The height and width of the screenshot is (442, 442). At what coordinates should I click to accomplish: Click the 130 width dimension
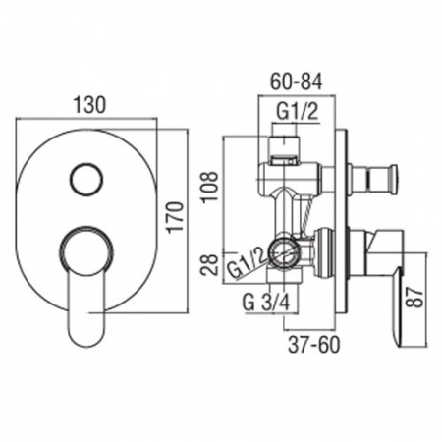point(89,104)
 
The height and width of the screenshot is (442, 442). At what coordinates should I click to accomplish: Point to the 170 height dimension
point(175,217)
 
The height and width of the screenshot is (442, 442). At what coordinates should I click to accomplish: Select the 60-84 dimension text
point(297,82)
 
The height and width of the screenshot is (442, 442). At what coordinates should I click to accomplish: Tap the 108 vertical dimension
point(210,187)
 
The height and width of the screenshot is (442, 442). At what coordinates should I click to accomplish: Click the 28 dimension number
point(210,265)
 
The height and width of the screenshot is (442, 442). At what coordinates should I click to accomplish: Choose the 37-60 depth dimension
point(314,345)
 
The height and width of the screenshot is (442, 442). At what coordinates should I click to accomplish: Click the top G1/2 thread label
point(298,112)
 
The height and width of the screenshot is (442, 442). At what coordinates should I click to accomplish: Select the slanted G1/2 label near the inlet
point(247,264)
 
